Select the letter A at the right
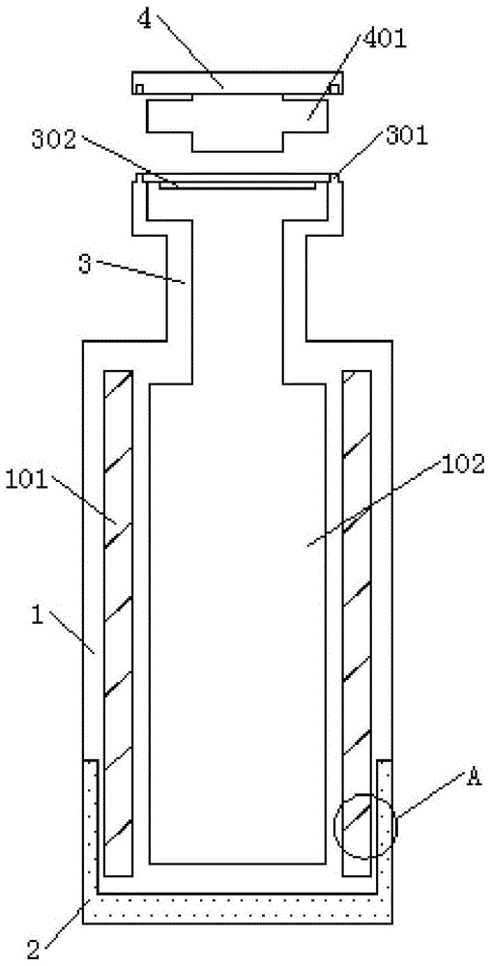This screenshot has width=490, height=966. pyautogui.click(x=474, y=777)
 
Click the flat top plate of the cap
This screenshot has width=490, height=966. pyautogui.click(x=239, y=82)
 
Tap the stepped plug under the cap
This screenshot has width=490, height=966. pyautogui.click(x=238, y=123)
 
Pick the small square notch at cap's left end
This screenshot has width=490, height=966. pyautogui.click(x=139, y=89)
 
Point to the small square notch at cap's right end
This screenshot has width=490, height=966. pyautogui.click(x=334, y=89)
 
